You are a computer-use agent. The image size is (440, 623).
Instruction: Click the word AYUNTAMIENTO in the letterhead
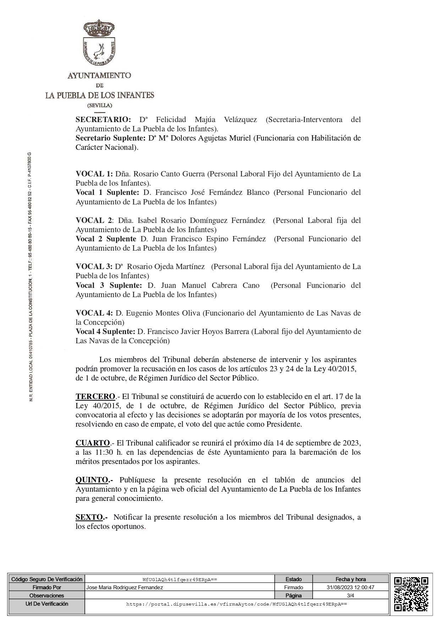[x=99, y=75]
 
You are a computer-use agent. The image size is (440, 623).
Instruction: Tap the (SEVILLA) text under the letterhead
[x=100, y=105]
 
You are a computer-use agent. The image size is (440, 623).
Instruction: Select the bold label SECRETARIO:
[x=103, y=120]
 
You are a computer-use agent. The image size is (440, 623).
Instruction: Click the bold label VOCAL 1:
[x=94, y=174]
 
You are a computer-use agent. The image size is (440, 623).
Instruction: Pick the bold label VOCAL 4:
[x=94, y=313]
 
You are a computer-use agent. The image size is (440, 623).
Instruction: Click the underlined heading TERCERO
[x=95, y=397]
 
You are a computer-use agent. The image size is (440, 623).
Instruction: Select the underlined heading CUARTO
[x=92, y=443]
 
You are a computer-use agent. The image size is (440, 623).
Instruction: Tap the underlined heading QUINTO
[x=92, y=480]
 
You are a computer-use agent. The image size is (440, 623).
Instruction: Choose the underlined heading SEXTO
[x=89, y=517]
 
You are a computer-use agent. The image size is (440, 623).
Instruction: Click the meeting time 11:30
[x=103, y=452]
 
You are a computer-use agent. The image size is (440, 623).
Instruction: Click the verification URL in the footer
[x=236, y=604]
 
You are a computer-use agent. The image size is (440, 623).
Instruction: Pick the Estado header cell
[x=293, y=579]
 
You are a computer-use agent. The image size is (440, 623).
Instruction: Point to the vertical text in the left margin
[x=31, y=277]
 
